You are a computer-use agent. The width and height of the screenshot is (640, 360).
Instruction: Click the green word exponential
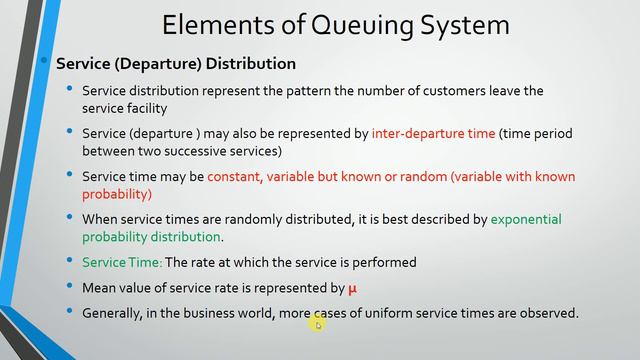click(x=526, y=219)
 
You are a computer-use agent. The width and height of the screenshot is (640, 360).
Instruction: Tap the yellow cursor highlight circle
click(x=317, y=323)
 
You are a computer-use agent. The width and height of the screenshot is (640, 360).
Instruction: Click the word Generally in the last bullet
click(x=117, y=313)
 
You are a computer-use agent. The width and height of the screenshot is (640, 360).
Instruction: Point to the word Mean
click(x=101, y=289)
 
